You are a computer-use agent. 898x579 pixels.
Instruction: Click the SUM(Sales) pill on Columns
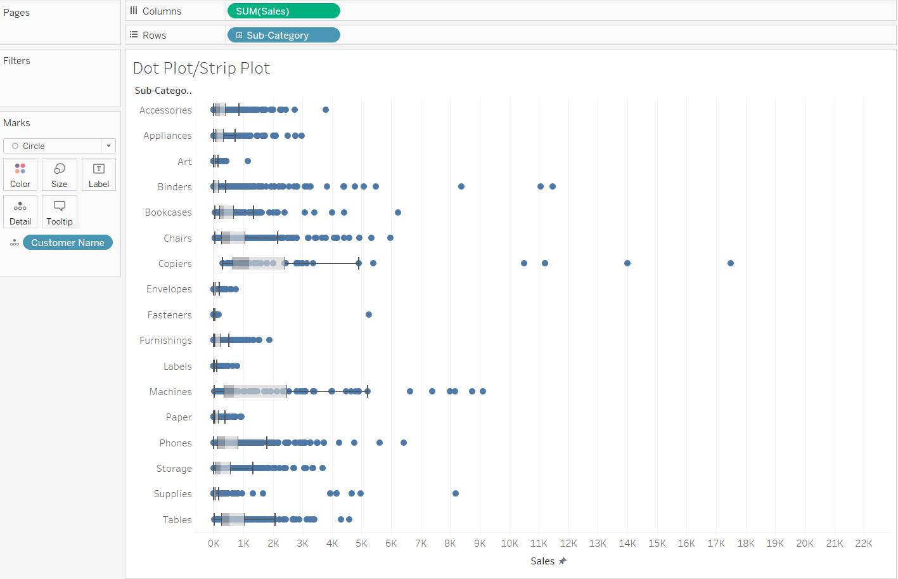pos(283,11)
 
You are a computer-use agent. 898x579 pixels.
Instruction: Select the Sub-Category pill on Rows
pos(283,36)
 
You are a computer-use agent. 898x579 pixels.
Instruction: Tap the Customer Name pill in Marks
pos(67,243)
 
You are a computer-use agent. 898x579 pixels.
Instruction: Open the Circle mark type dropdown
pos(60,146)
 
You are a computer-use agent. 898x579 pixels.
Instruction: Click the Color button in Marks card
pos(20,174)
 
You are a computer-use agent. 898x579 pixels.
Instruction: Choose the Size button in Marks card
pos(60,174)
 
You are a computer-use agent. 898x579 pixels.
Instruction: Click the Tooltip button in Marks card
pos(60,212)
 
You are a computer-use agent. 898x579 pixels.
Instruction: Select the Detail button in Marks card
pos(20,212)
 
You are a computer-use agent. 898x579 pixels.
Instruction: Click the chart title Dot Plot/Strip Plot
pos(202,68)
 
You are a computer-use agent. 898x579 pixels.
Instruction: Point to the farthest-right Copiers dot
pos(731,263)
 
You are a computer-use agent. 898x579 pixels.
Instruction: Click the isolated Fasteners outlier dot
pos(369,315)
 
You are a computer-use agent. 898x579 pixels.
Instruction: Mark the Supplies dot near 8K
pos(456,493)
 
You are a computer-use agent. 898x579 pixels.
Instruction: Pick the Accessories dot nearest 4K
pos(326,110)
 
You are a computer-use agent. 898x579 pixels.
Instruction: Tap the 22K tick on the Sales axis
pos(864,543)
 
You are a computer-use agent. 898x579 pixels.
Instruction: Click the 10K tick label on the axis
pos(510,543)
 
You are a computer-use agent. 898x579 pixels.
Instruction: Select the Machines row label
pos(170,392)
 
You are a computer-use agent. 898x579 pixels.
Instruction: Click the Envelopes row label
pos(169,289)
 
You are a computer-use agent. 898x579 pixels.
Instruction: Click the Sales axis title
pos(542,561)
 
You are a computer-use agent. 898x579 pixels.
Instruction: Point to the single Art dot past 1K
pos(248,161)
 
